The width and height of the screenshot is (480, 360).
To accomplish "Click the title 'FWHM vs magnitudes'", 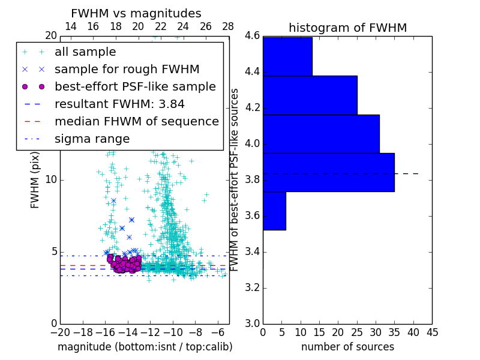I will coord(136,13).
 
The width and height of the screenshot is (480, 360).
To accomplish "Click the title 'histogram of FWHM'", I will coord(347,28).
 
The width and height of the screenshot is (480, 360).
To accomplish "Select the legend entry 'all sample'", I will coord(85,52).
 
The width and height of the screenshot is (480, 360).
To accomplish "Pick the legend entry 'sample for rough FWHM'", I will coord(127,69).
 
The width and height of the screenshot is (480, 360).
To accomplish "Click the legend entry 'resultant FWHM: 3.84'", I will coord(119,104).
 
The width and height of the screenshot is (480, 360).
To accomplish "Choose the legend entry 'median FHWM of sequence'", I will coord(136,121).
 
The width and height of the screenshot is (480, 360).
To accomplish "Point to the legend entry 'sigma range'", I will coord(92,139).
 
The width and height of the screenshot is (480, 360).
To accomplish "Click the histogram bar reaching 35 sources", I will coord(328,172).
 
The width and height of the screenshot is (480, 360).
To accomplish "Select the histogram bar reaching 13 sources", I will coord(287,56).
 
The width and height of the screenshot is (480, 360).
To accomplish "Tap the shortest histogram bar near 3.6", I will coord(274,211).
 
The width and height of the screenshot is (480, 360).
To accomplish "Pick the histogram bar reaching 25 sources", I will coord(310,95).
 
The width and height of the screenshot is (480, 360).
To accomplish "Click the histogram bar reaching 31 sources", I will coord(321,134).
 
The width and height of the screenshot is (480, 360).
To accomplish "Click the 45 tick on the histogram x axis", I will coord(432,332).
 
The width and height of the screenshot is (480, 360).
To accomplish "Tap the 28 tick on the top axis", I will coord(228,27).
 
